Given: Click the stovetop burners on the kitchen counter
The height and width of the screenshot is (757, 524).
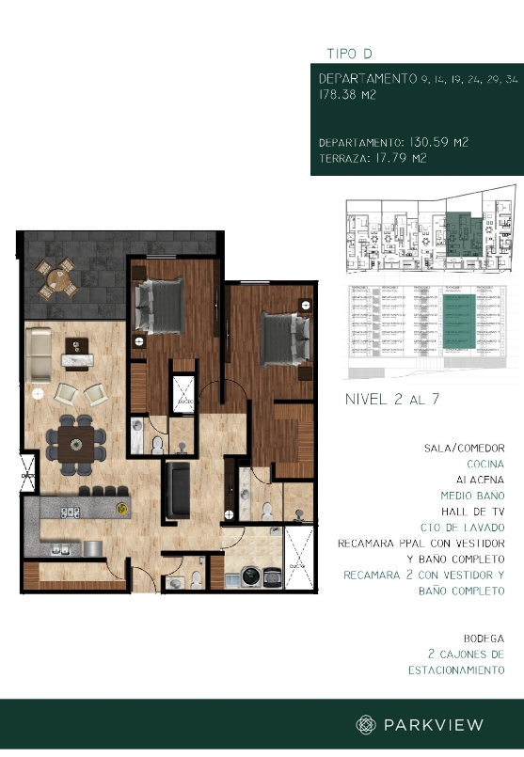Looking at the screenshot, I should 69,513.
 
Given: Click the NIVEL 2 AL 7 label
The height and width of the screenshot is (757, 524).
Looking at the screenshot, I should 392,400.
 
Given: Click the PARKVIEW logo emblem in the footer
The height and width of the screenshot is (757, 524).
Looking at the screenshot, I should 366,724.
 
